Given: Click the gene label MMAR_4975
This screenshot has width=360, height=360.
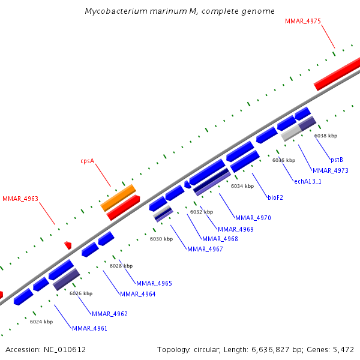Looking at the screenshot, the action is pos(303,21).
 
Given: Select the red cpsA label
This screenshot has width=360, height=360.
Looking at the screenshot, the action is pos(88,161).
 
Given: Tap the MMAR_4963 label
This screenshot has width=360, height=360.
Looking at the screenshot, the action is pos(20,199).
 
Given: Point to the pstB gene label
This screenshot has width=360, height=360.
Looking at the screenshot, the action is pos(337,160).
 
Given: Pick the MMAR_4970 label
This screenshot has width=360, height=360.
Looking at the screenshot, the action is pos(253,218).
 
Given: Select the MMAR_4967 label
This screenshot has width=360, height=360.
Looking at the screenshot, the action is pos(205,249).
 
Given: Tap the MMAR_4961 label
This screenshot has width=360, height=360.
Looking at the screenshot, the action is pos(90,328).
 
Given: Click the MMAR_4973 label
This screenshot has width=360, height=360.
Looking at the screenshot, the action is pos(330,170).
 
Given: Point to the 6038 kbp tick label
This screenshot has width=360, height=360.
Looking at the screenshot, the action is pos(326,136).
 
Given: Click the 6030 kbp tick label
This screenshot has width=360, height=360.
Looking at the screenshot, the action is pos(161,239).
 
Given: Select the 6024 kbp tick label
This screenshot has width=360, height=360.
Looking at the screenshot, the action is pos(41,322).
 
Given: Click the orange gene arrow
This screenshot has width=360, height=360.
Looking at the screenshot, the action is pos(118,197).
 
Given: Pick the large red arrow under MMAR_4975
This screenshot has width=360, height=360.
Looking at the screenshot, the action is pos(337,74).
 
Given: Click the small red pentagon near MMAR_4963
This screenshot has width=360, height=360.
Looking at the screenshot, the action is pos(68,245).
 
